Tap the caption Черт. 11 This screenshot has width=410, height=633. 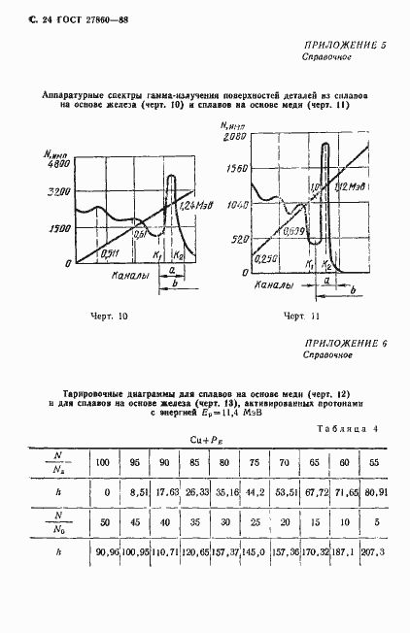(x=300, y=316)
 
